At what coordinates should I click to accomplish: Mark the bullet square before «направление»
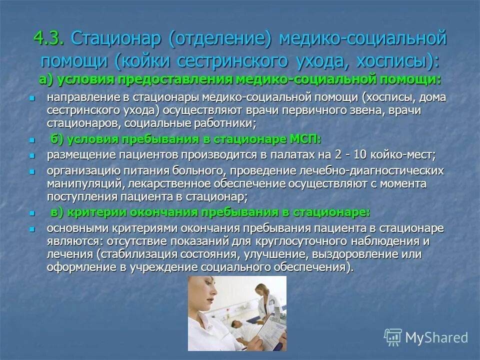coord(32,98)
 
